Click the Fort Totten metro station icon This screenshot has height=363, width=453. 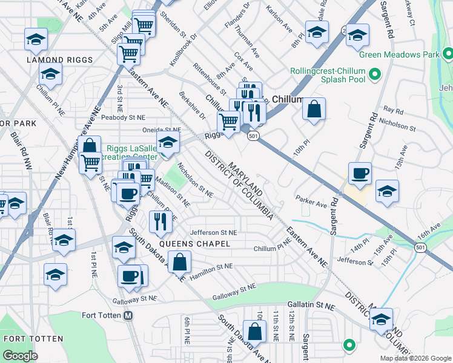(128, 315)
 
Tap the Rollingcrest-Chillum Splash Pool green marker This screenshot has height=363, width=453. (374, 76)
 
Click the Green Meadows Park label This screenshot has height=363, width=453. (398, 54)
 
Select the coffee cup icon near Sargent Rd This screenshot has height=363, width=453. (360, 172)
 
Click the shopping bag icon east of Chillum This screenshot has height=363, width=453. (314, 110)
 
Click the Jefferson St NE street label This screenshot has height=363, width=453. (213, 232)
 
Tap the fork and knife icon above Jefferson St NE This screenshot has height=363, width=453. (160, 221)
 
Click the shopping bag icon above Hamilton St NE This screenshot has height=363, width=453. (179, 261)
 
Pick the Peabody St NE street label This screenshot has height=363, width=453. (123, 117)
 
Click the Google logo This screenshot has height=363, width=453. (21, 356)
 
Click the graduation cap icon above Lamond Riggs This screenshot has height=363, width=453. (36, 39)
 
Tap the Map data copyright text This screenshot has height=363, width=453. (414, 358)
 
